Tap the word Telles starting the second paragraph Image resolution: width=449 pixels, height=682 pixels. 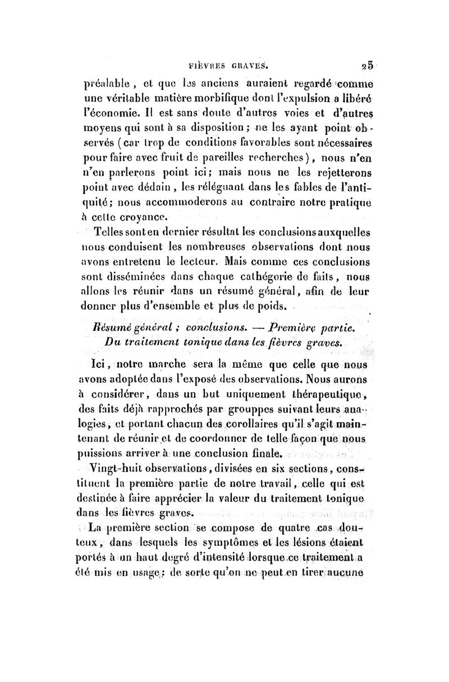pyautogui.click(x=112, y=234)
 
